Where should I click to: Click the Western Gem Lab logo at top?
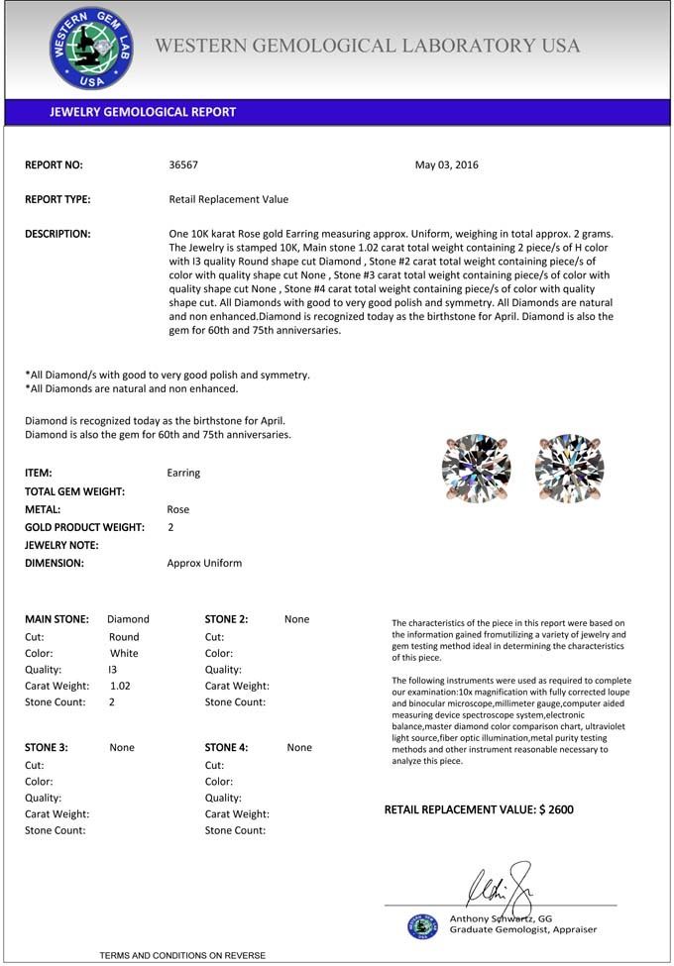tap(90, 49)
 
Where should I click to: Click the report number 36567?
tap(184, 165)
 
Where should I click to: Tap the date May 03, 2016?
tap(446, 165)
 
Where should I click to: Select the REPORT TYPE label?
tap(57, 199)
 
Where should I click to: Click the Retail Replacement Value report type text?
tap(229, 199)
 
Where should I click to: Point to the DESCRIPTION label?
tap(57, 234)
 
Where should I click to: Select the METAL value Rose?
tap(178, 509)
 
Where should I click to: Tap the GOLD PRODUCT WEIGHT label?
tap(84, 527)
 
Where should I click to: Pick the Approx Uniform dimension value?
tap(204, 563)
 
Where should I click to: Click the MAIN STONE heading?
tap(56, 619)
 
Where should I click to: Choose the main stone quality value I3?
tap(113, 670)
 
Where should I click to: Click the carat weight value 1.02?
tap(120, 686)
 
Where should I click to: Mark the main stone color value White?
tap(124, 653)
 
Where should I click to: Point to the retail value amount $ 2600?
tap(556, 809)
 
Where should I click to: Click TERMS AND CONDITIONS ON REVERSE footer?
tap(182, 955)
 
